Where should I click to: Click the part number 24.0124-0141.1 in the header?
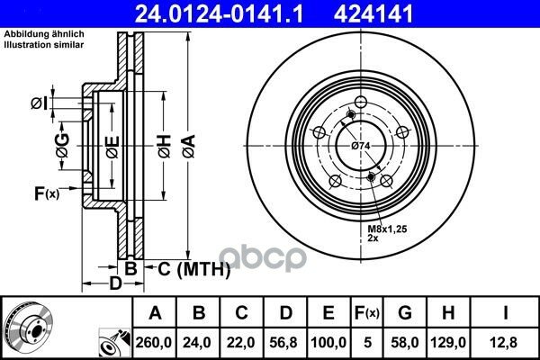click(x=219, y=14)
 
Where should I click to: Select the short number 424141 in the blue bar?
click(x=373, y=14)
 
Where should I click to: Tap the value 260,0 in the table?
click(x=154, y=342)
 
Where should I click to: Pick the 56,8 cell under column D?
click(x=283, y=342)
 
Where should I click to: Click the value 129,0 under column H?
click(x=448, y=342)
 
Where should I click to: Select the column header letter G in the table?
click(x=405, y=313)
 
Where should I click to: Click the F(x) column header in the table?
click(x=367, y=313)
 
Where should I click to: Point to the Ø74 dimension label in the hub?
click(x=361, y=146)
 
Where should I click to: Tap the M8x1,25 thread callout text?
click(x=387, y=229)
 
